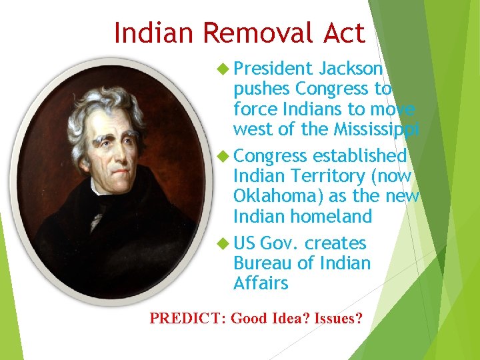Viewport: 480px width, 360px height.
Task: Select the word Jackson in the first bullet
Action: [x=351, y=69]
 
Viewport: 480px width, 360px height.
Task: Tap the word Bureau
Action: [x=263, y=263]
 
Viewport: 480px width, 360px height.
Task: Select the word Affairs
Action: [x=261, y=283]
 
